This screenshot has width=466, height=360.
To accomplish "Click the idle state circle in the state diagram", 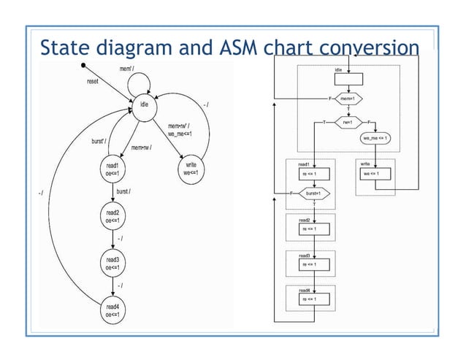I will point(145,107).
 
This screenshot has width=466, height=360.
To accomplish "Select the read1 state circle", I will point(112,170).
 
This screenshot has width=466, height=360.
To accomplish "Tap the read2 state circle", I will point(112,215).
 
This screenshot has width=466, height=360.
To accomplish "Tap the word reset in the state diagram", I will point(93,82).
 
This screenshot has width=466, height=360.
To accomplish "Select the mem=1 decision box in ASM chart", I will point(348,98).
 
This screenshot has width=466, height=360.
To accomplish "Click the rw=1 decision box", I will point(348,122).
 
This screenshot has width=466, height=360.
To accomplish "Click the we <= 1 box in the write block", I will point(374,174).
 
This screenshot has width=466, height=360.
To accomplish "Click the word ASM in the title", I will point(238,47).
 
